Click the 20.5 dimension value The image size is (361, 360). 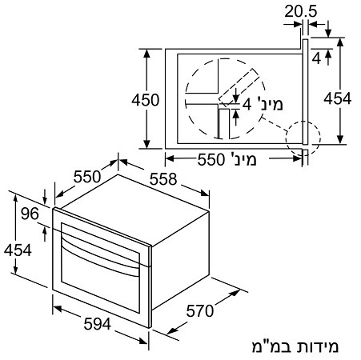point(301,11)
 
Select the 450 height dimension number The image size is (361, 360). point(146,100)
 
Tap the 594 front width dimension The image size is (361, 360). point(97,324)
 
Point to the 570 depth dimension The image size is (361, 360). point(200,311)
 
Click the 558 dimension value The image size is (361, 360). point(163,179)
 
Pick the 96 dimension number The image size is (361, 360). point(30,214)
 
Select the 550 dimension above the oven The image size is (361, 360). point(87,177)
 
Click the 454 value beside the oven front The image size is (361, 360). point(18,250)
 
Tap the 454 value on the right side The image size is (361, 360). point(338,98)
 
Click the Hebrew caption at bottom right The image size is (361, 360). point(295,346)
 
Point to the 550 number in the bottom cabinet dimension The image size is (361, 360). point(211,160)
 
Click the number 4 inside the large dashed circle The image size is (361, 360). point(247,104)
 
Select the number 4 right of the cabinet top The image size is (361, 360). point(316,58)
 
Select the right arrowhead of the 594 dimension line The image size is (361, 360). point(143,341)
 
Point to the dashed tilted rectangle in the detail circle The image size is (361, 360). point(239,86)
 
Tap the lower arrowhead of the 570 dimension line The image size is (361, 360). point(172,331)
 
